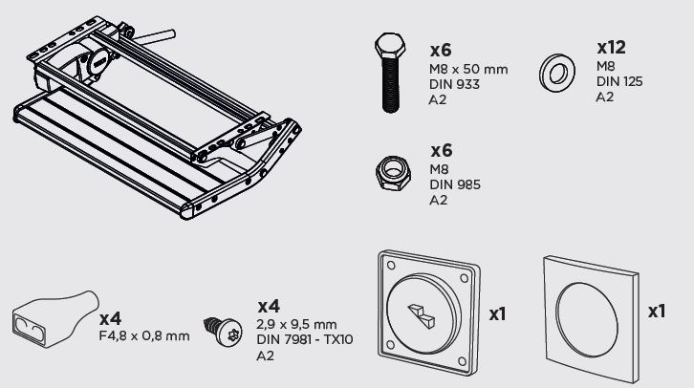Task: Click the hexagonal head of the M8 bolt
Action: [x=390, y=46]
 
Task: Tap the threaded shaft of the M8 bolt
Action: [x=390, y=86]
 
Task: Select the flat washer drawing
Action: [x=556, y=73]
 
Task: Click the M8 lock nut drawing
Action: [x=393, y=173]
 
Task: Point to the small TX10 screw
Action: [x=223, y=331]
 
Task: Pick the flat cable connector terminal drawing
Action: [x=55, y=319]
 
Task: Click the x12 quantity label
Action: [x=611, y=48]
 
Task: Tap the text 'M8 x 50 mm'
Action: [x=468, y=70]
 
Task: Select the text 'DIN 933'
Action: [x=454, y=84]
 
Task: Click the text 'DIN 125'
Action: [x=619, y=81]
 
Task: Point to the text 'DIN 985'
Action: [x=455, y=184]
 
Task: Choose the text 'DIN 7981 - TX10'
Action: [x=305, y=340]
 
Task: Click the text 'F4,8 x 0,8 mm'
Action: [x=144, y=336]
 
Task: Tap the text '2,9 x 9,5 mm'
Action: [x=296, y=324]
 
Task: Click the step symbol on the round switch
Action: [x=422, y=315]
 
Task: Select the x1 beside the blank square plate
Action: [x=657, y=312]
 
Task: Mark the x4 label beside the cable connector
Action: [x=110, y=318]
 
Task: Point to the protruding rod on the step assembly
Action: [x=154, y=37]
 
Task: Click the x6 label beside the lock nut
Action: [x=442, y=151]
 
